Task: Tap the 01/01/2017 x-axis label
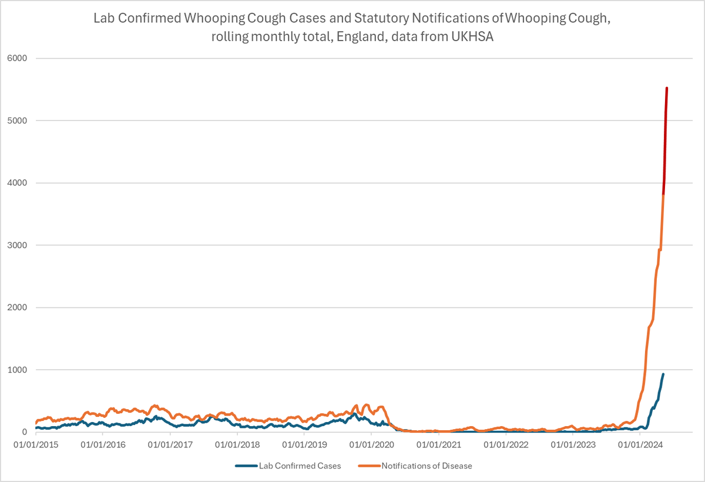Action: tap(170, 444)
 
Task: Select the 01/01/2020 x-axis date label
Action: tap(371, 444)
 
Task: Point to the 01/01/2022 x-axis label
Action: tap(505, 444)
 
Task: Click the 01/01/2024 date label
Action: tap(639, 444)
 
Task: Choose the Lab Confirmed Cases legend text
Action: tap(300, 466)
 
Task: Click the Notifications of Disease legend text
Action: tap(427, 466)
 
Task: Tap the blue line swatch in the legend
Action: tap(246, 466)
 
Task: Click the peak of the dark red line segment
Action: tap(666, 88)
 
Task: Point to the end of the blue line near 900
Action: tap(663, 374)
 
